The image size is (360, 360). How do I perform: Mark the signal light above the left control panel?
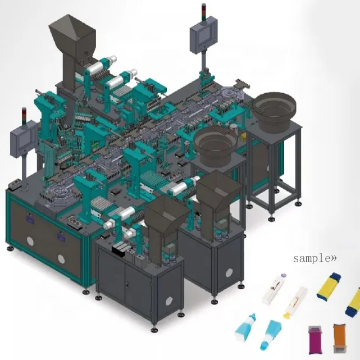pyautogui.click(x=23, y=116)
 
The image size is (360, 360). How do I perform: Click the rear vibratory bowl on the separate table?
pyautogui.click(x=276, y=107)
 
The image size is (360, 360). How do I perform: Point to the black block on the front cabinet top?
pyautogui.click(x=120, y=250)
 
